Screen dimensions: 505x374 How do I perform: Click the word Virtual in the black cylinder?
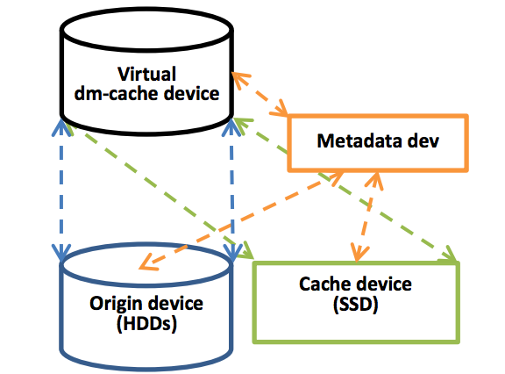147,74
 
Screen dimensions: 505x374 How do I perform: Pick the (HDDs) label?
147,323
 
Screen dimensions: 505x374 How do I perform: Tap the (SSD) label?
356,304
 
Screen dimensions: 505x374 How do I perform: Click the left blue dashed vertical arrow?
61,190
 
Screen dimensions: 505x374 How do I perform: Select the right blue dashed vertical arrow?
231,190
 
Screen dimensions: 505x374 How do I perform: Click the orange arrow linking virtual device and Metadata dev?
260,94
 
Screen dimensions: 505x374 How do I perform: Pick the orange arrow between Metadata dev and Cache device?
366,216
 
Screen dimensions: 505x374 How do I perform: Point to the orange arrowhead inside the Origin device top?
146,263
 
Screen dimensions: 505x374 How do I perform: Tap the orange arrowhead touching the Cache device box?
358,253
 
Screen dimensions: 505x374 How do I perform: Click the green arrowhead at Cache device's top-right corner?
449,254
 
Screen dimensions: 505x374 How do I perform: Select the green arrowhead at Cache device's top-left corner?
247,250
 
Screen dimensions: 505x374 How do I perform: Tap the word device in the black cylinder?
192,93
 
